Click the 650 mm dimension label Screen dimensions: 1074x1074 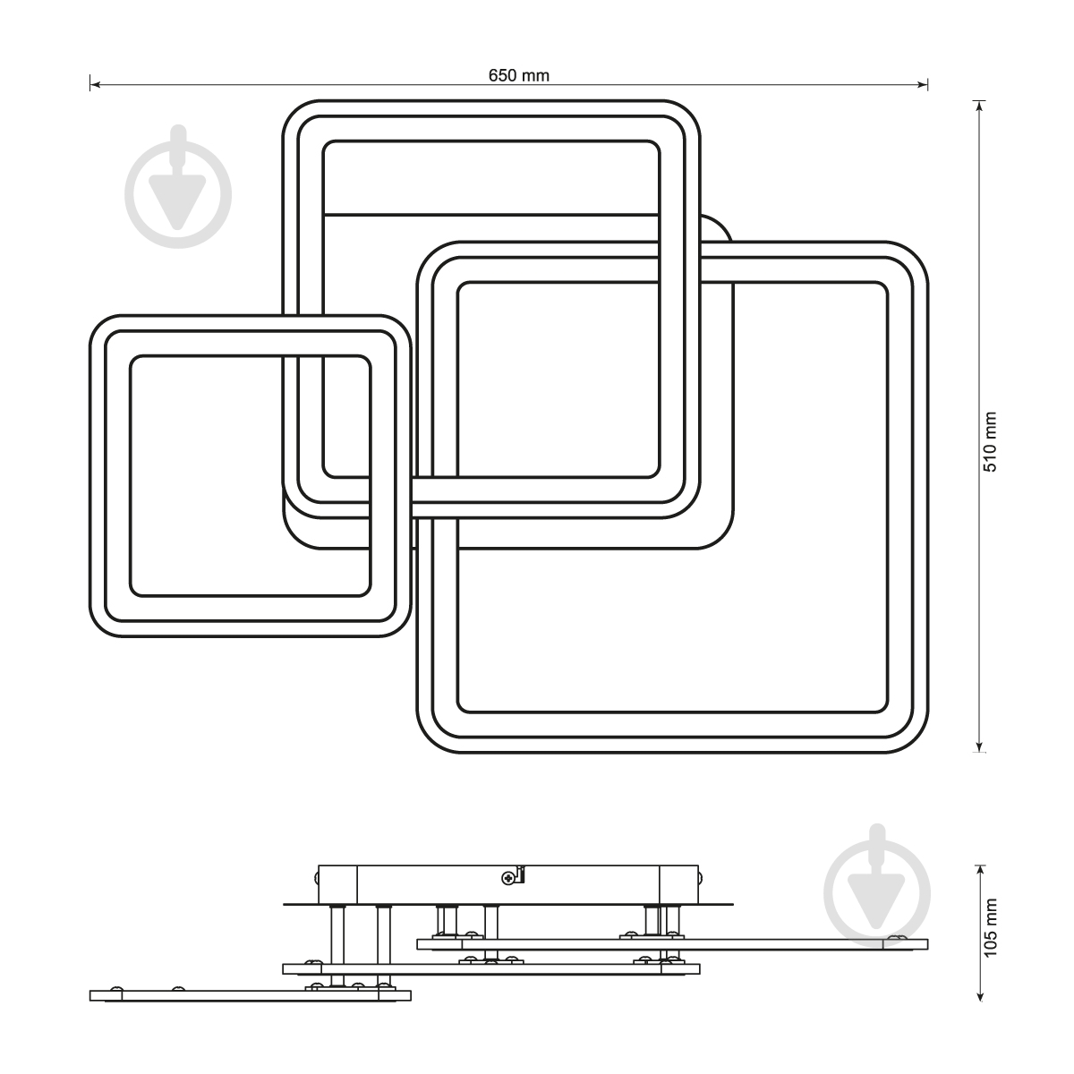(518, 75)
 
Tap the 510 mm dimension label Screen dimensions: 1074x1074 (990, 441)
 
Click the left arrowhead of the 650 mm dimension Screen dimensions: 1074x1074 (95, 85)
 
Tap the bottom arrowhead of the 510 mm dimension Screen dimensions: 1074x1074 (979, 746)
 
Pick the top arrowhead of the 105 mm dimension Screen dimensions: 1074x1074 (979, 871)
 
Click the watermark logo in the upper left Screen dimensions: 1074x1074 (178, 187)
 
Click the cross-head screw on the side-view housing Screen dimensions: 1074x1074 (508, 878)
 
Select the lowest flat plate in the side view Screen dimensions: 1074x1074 (251, 995)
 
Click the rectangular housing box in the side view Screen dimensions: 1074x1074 (508, 884)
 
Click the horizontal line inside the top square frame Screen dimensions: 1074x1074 (491, 214)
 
